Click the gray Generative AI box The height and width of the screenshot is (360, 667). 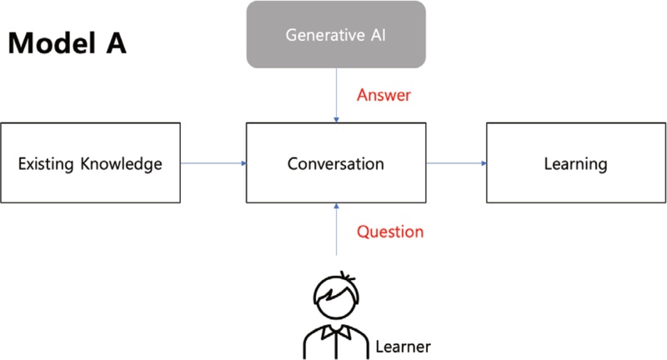[336, 35]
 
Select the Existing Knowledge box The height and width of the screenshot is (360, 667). [90, 163]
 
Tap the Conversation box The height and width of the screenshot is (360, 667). [336, 163]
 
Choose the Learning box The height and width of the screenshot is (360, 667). [575, 163]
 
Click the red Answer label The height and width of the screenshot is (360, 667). [384, 95]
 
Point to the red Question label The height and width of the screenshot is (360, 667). [390, 231]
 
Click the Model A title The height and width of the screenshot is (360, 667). [68, 43]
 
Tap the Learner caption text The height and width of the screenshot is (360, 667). [404, 345]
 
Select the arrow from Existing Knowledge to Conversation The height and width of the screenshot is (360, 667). [213, 163]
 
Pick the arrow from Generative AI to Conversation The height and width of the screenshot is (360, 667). [336, 96]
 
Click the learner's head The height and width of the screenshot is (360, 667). [336, 297]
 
